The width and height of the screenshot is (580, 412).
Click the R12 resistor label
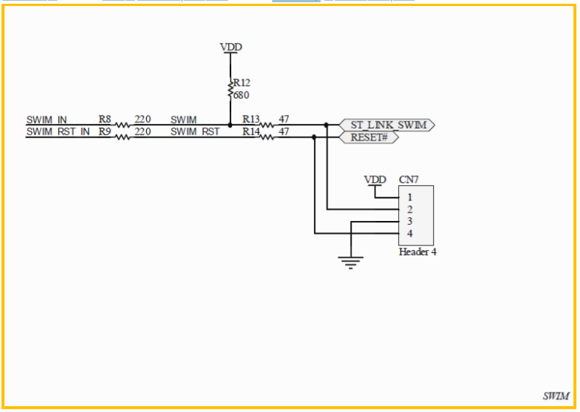click(242, 83)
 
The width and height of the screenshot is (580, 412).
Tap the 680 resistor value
click(242, 95)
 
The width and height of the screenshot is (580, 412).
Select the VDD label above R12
click(231, 47)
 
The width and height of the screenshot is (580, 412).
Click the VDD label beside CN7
click(375, 180)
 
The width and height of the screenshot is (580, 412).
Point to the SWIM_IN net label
click(47, 120)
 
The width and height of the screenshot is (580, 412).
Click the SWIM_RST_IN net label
click(58, 132)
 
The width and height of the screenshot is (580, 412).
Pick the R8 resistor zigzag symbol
click(122, 125)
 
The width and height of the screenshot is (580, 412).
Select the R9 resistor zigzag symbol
click(122, 137)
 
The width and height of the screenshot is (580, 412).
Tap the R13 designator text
click(250, 119)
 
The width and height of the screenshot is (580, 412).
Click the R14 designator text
click(250, 132)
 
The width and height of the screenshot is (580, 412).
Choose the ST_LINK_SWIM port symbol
click(387, 125)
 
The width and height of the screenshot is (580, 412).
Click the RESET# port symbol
click(369, 137)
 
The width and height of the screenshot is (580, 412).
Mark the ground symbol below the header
click(350, 263)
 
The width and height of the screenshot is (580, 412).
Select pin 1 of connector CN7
click(409, 197)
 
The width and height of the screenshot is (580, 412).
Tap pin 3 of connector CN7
click(409, 222)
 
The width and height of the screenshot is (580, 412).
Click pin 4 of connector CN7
click(409, 234)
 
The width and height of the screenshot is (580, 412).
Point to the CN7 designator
click(409, 180)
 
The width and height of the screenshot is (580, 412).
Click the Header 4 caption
click(417, 252)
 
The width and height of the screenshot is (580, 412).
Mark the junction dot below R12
click(230, 125)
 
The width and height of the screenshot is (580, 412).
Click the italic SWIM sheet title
click(556, 396)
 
